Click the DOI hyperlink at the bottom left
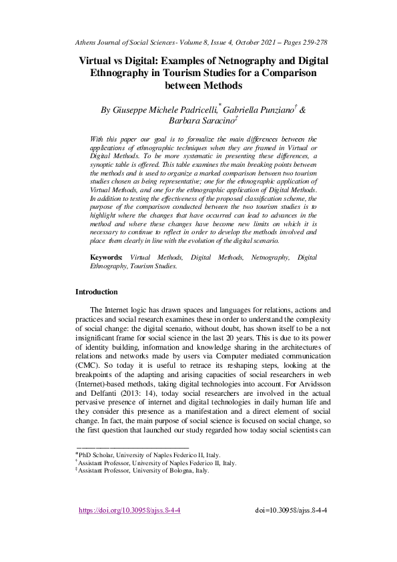129,511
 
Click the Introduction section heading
96,292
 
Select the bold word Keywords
106,256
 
